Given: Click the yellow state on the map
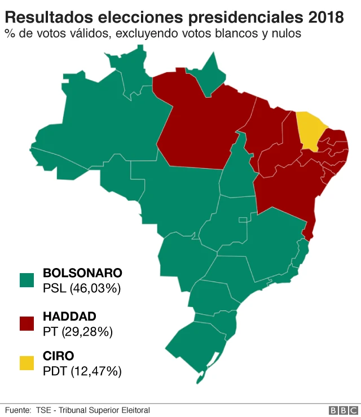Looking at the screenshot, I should tap(310, 130).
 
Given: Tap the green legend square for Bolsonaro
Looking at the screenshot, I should tap(27, 280).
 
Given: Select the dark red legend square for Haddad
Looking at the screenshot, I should tap(27, 323).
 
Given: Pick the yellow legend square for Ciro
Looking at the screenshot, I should tap(27, 363).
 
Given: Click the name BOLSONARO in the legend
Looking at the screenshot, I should tap(82, 273).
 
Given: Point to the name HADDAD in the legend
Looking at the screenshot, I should tap(69, 316).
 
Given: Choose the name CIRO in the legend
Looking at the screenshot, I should tap(58, 356).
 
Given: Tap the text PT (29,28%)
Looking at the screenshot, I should tap(78, 331).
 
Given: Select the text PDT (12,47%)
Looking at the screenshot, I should tap(82, 371).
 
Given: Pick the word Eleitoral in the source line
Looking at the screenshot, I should tap(135, 410).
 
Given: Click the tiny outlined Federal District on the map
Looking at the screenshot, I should tap(243, 220).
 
